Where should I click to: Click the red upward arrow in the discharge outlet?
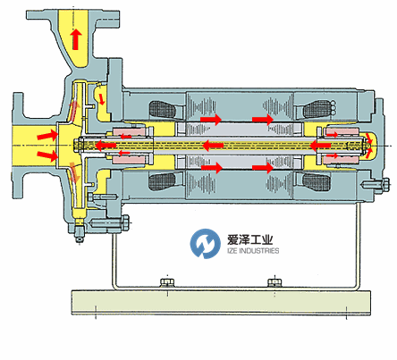[x=76, y=39]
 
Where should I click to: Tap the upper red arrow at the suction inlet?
[x=47, y=135]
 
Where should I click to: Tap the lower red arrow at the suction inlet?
[x=47, y=155]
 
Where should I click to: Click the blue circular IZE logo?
[x=205, y=243]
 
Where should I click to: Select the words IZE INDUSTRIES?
[x=253, y=251]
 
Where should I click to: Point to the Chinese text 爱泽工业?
[x=250, y=239]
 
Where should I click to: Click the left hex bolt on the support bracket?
[x=167, y=282]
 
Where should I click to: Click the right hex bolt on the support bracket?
[x=275, y=282]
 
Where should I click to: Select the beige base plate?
[x=221, y=303]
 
